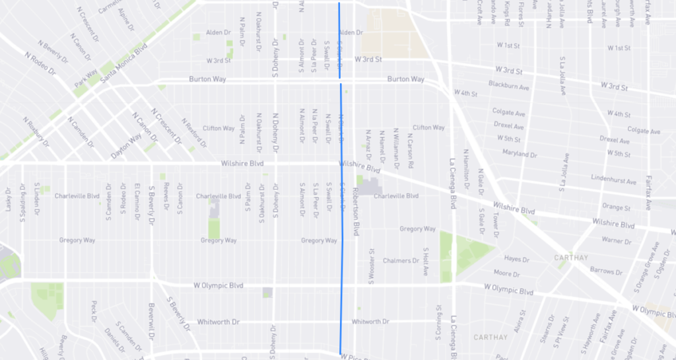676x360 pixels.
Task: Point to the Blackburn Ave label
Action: point(509,86)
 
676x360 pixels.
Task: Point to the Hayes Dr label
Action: point(512,259)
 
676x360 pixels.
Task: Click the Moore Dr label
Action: point(506,273)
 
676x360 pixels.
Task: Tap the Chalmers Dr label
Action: point(401,260)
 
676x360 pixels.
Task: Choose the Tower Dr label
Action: point(495,226)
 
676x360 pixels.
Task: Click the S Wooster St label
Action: point(372,261)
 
